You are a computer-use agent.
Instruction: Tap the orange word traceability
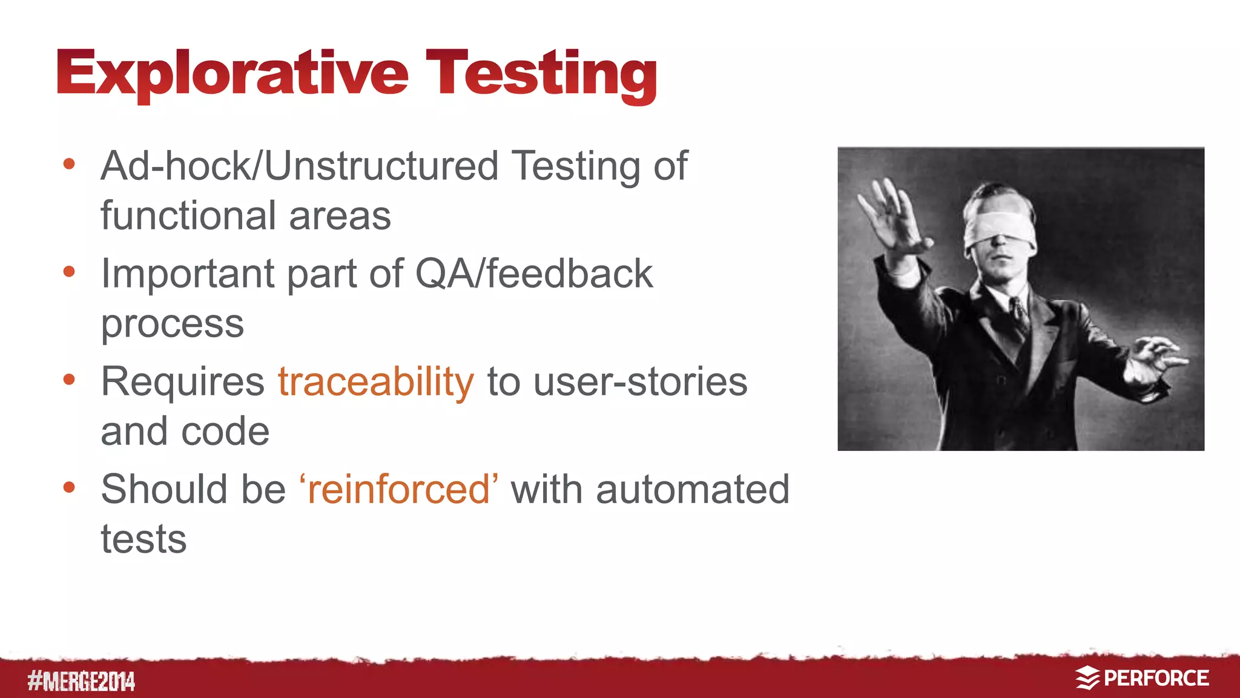coord(375,382)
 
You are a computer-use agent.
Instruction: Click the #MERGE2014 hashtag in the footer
coord(81,682)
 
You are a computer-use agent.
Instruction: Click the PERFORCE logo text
coord(1156,678)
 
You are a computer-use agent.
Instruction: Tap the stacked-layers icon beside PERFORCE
coord(1087,678)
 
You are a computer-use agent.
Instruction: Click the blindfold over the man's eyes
coord(999,226)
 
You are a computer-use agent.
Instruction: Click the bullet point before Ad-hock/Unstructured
coord(69,164)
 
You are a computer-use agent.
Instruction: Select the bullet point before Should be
coord(69,487)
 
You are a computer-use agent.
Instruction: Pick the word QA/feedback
coord(533,274)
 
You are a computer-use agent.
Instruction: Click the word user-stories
coord(640,382)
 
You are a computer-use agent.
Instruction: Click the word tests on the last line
coord(143,539)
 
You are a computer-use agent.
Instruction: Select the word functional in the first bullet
coord(188,216)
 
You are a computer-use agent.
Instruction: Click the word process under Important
coord(172,324)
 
